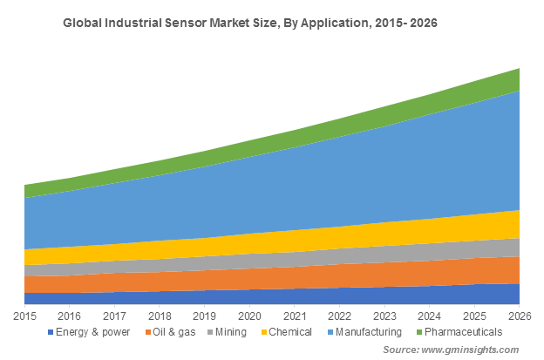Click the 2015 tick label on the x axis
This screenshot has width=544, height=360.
[x=24, y=315]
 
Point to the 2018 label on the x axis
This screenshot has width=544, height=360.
[x=160, y=315]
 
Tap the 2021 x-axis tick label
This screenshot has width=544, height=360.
[x=295, y=315]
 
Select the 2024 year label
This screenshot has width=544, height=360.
[x=430, y=315]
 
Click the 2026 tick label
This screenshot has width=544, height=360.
[x=520, y=315]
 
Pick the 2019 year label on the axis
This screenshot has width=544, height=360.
[x=205, y=315]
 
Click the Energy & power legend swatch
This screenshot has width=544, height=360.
[x=51, y=332]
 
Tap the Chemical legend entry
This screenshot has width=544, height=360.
[x=289, y=332]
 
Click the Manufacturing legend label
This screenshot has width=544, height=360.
[x=367, y=332]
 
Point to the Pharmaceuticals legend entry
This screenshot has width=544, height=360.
[x=462, y=332]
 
